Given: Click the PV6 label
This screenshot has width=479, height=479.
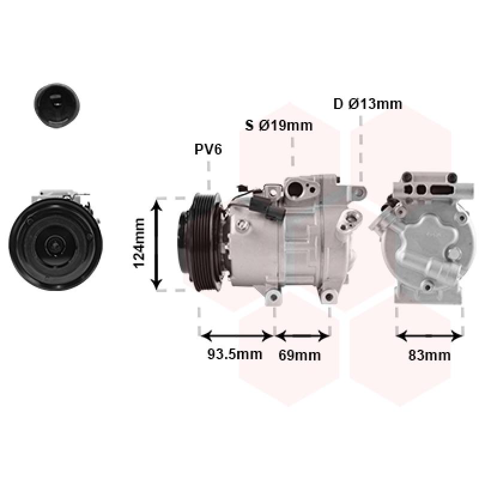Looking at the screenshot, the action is coord(208,149).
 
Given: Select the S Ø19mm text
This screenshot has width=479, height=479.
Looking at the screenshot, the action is coord(279,126).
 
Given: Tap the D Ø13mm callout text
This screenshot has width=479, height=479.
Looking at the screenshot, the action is coord(368,104).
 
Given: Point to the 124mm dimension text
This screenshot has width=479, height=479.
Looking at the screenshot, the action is coord(140,243).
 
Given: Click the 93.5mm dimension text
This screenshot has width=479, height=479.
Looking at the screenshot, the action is coord(235,354).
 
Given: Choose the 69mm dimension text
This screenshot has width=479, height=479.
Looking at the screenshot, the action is coord(300,355).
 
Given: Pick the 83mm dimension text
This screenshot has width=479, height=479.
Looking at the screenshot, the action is coord(429,355).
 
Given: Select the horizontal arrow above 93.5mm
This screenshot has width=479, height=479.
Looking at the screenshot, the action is coord(237,336).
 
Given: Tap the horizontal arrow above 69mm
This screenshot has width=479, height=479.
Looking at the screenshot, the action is coord(302,336).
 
